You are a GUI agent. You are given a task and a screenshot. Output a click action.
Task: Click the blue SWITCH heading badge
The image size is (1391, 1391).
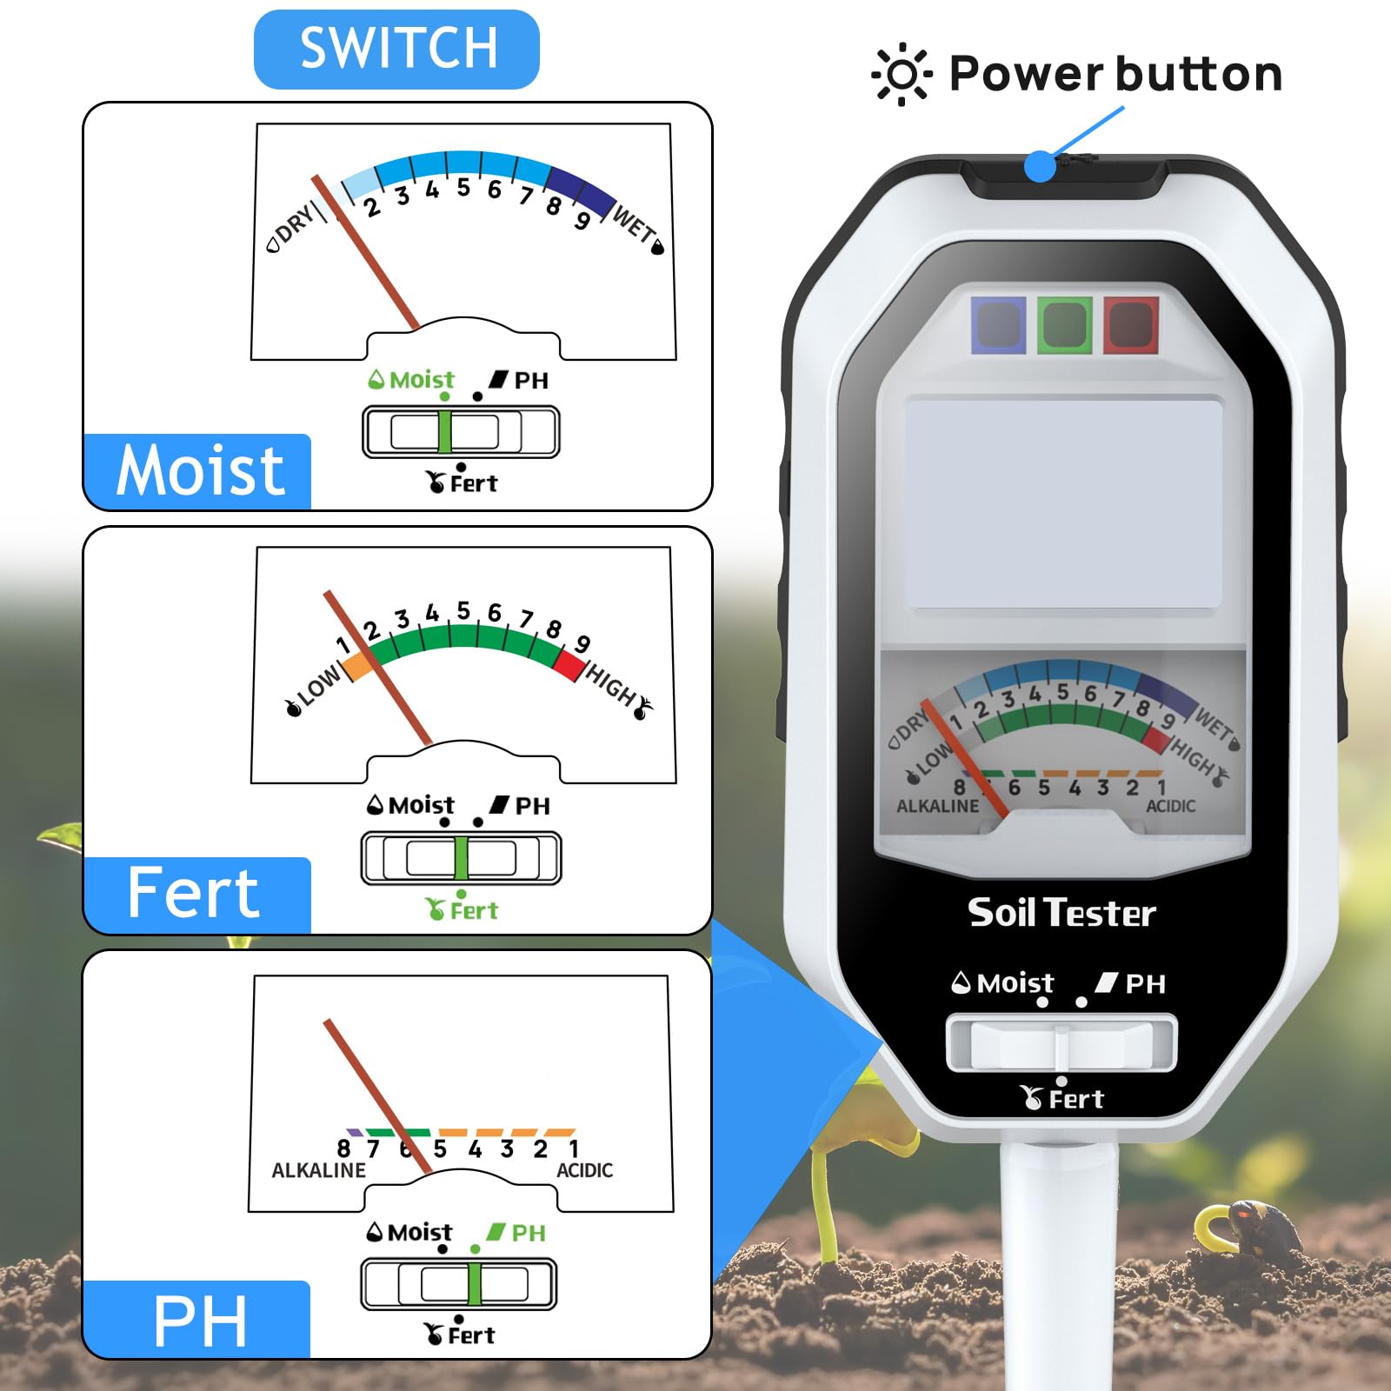[396, 49]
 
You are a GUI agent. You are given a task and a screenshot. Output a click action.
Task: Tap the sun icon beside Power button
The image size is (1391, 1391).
[902, 75]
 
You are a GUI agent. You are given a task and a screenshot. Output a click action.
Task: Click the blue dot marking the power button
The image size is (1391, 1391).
[1040, 166]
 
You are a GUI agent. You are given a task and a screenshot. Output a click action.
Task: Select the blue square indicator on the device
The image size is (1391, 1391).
[998, 325]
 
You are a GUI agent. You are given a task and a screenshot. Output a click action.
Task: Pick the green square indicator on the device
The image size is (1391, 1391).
[1065, 325]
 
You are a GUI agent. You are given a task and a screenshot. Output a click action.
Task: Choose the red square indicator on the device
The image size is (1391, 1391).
[1131, 325]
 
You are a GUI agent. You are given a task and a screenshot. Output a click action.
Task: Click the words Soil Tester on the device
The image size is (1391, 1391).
[1062, 913]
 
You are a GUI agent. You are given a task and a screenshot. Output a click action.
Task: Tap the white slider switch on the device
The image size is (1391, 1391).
[1062, 1044]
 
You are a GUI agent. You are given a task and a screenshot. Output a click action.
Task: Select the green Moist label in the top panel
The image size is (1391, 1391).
[411, 380]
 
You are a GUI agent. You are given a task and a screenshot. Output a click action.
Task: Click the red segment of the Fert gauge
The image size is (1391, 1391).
[569, 665]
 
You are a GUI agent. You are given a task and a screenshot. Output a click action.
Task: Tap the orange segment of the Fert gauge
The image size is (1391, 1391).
[358, 666]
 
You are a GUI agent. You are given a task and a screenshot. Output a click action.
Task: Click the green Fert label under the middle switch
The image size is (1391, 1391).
[462, 909]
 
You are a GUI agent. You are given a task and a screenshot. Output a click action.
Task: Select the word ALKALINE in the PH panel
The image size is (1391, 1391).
[318, 1170]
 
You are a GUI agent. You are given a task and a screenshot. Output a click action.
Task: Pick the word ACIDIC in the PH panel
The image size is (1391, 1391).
[584, 1170]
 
